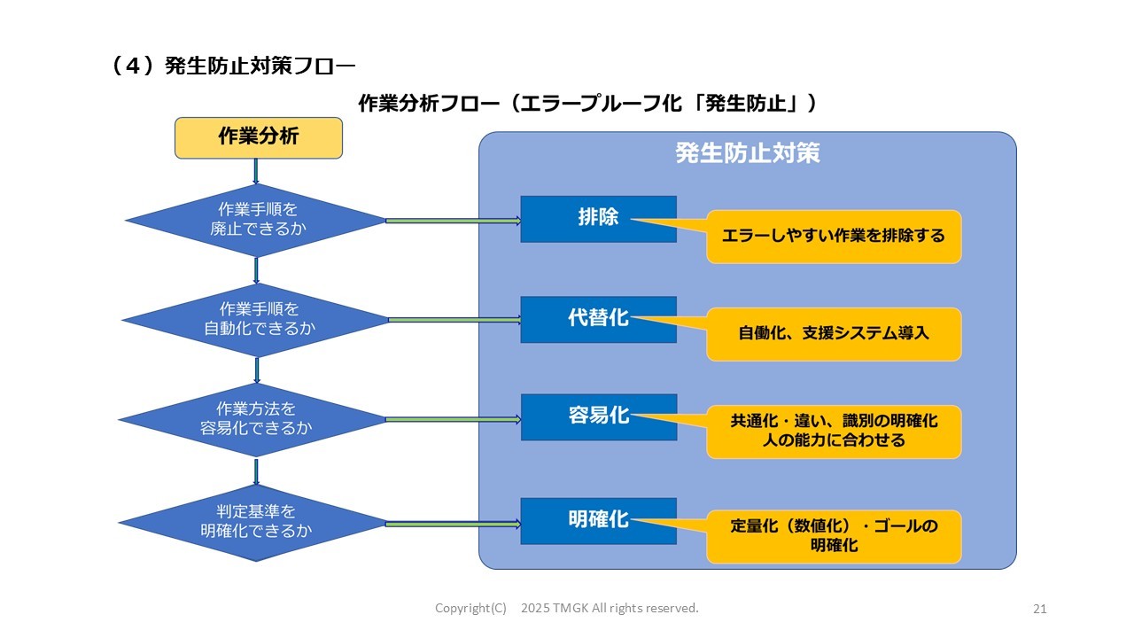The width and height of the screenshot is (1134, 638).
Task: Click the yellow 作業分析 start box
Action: tap(258, 137)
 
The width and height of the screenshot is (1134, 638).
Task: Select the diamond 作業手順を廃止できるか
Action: tap(256, 220)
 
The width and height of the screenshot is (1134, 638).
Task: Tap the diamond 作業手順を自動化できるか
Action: tap(256, 319)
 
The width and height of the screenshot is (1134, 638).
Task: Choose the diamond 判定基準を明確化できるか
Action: tap(256, 522)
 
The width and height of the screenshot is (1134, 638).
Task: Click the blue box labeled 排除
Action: tap(598, 219)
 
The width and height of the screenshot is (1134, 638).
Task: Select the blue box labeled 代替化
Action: tap(598, 319)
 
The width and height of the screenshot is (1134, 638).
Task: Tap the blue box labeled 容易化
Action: tap(598, 416)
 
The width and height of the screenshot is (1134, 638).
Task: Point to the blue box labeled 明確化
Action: tap(598, 520)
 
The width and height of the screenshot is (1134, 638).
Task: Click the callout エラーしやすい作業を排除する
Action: tap(833, 237)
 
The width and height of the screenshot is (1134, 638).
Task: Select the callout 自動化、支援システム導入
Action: tap(833, 334)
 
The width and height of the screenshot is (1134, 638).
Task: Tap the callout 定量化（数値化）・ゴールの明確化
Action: tap(833, 536)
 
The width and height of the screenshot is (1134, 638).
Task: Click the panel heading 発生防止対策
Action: tap(747, 153)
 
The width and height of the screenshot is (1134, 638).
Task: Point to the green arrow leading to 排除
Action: tap(454, 221)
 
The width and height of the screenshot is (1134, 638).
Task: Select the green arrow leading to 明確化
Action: tap(454, 524)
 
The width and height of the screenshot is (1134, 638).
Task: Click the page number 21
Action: tap(1040, 609)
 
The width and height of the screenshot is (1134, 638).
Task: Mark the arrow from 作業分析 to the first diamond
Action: tap(256, 171)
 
